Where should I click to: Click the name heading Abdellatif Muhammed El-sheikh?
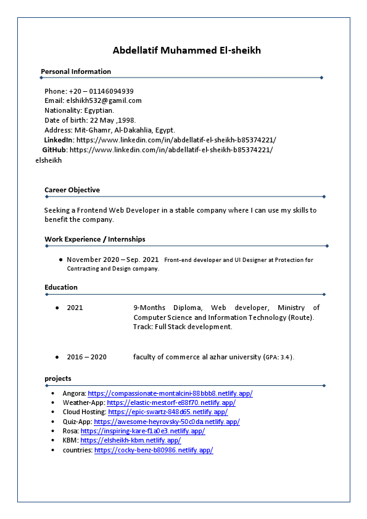[187, 51]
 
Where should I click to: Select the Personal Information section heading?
[76, 72]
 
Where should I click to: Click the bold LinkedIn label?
[59, 140]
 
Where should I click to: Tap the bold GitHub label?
[54, 150]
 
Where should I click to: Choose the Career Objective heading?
[72, 190]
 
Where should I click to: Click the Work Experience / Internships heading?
[95, 239]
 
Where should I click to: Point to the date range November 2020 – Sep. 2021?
[113, 259]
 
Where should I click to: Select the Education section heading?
[61, 287]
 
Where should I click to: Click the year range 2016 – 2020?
[86, 357]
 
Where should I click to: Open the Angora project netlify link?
[170, 393]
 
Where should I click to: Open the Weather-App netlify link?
[171, 403]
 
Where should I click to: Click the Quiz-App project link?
[167, 422]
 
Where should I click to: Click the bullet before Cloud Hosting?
[54, 412]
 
